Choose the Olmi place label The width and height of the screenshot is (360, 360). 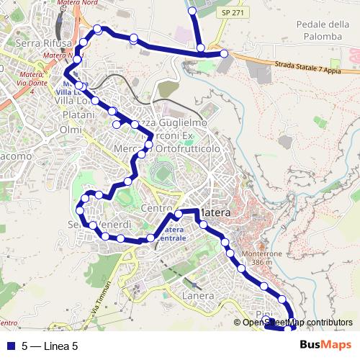[71, 129]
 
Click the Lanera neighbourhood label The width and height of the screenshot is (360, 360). [199, 296]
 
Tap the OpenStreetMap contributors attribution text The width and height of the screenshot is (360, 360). [297, 322]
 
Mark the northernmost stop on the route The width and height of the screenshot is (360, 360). [192, 11]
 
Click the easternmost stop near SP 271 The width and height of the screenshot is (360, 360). [224, 53]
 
